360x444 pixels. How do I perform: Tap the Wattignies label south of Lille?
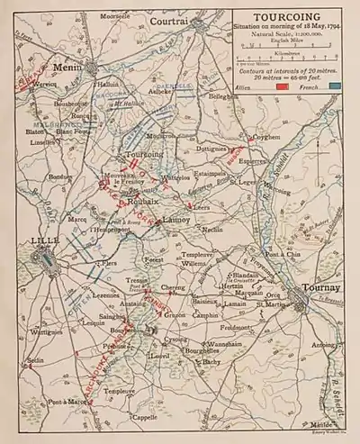pyautogui.click(x=46, y=332)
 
